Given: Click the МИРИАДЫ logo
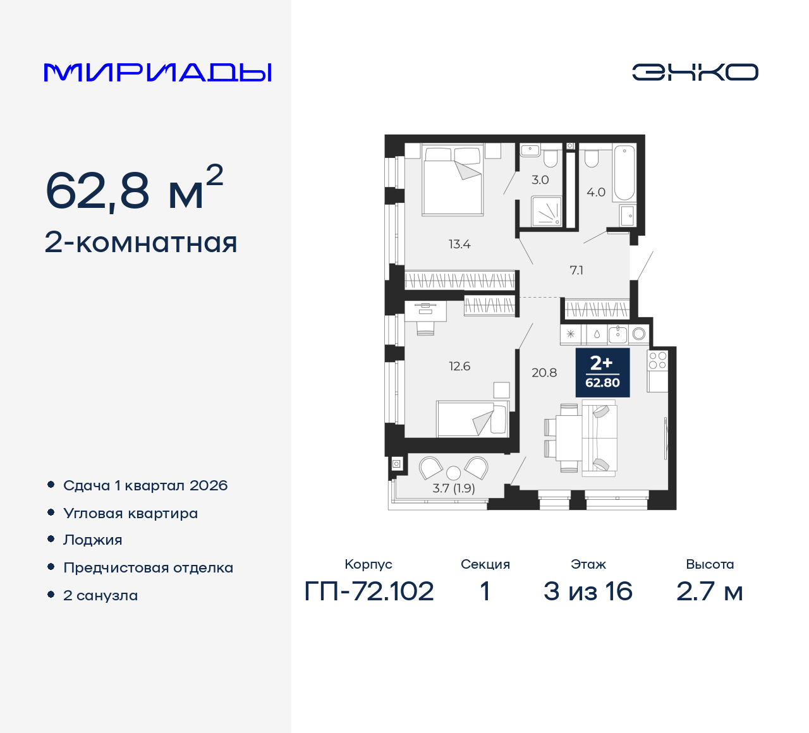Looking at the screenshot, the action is point(157,73).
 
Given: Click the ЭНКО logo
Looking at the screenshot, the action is point(695,72).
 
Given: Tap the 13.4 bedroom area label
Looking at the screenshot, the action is point(459,244).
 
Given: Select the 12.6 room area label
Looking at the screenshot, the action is point(459,366).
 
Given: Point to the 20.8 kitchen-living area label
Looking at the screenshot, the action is point(544,373).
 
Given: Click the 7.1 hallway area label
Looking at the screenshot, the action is point(576,270).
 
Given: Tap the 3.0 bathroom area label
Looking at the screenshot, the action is point(540,180).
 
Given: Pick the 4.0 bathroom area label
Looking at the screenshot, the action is point(595,192).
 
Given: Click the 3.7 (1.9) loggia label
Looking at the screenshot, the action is point(454,488).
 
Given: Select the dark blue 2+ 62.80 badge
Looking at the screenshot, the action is point(602,373).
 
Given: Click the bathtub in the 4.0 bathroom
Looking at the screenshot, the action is point(624,173).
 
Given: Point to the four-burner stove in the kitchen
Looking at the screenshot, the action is point(657,360).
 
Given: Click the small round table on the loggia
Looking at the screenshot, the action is point(454,473).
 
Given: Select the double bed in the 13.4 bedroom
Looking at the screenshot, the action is point(453,180).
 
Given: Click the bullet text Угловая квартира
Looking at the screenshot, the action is point(131,513).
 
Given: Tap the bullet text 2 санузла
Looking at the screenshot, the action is point(100,595).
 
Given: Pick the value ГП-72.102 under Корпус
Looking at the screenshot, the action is point(369,591).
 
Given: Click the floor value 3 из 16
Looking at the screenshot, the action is point(588,591).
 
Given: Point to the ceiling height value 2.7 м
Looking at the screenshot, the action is point(709,591).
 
